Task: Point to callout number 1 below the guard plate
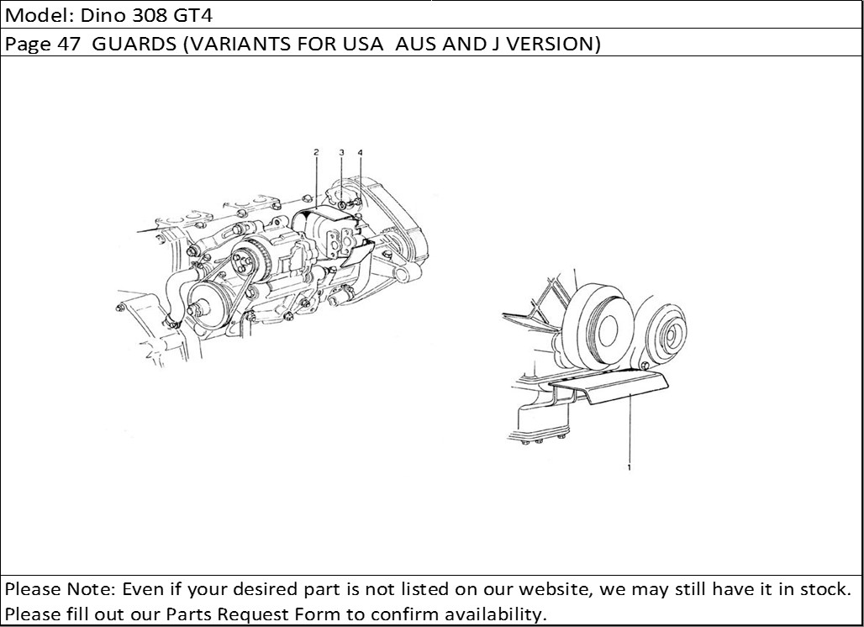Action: click(x=629, y=467)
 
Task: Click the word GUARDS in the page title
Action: click(x=134, y=44)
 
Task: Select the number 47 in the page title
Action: click(x=68, y=44)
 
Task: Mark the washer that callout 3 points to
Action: click(x=341, y=206)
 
